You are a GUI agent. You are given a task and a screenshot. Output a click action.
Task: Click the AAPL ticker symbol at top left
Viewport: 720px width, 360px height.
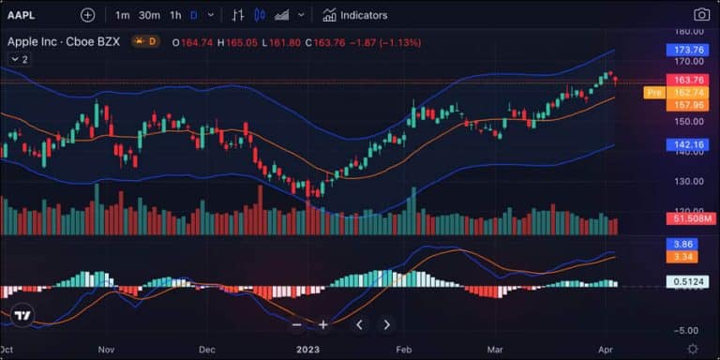pos(22,15)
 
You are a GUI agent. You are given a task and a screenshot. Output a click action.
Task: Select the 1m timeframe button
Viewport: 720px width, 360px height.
pos(123,15)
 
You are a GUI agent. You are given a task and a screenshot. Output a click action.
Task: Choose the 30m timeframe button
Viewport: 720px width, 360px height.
pos(149,15)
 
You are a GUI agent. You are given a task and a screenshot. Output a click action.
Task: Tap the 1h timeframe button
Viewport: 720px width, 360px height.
pos(175,15)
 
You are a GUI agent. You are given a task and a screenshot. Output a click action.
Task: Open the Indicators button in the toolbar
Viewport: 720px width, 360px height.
pos(354,15)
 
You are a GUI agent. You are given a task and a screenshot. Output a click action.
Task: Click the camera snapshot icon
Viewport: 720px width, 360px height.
pos(701,15)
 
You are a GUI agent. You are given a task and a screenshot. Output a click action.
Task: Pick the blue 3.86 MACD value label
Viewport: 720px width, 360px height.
pos(683,244)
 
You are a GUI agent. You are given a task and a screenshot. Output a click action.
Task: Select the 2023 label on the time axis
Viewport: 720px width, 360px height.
pos(308,349)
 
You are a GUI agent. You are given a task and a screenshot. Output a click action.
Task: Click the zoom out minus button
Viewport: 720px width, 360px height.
pos(297,325)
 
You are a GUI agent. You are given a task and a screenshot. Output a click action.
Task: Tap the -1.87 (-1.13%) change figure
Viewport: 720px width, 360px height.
pos(386,42)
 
